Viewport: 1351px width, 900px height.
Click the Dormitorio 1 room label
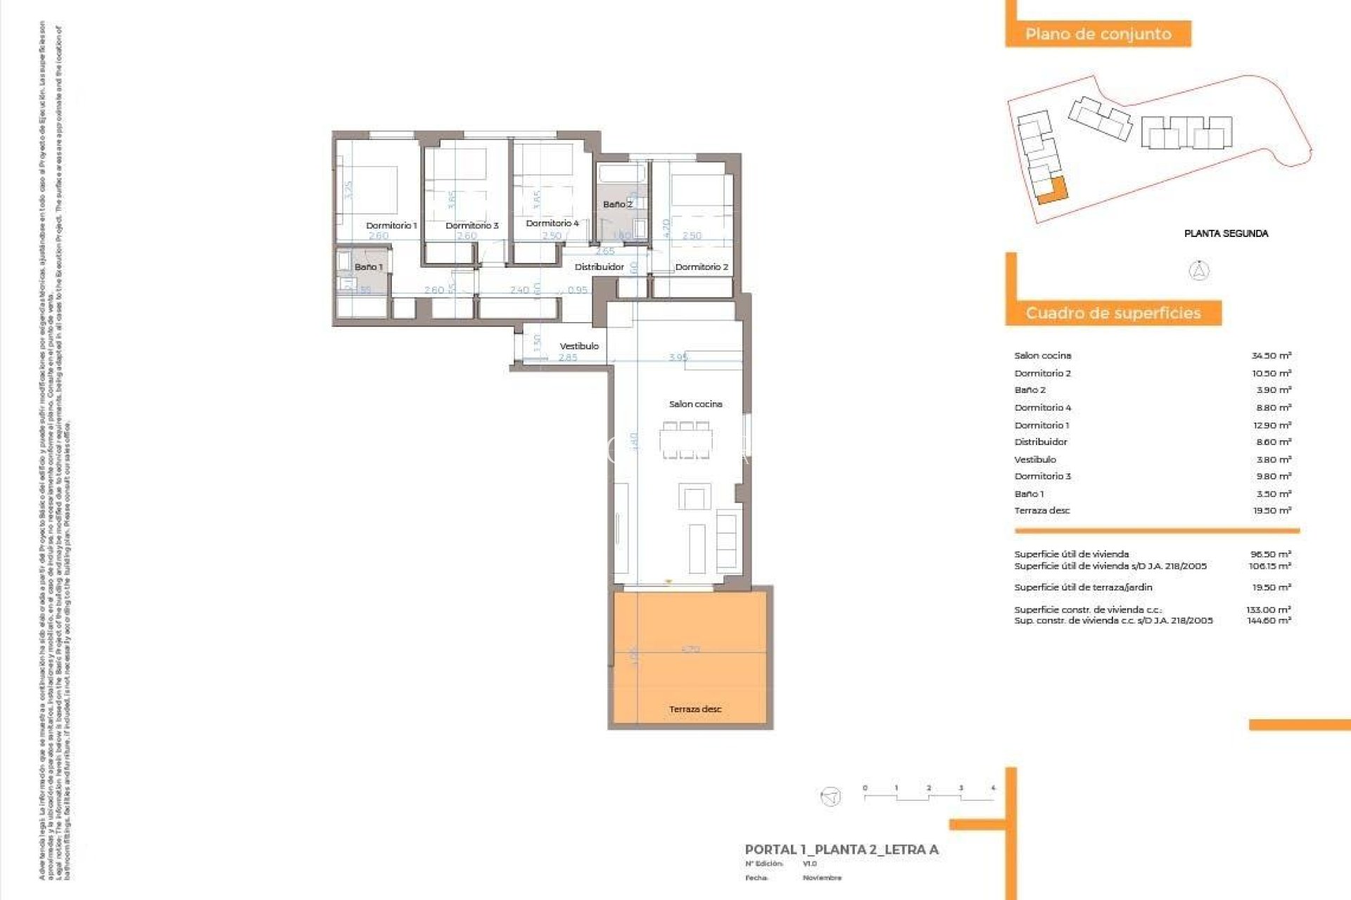pyautogui.click(x=391, y=226)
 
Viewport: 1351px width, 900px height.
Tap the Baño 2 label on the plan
pyautogui.click(x=617, y=204)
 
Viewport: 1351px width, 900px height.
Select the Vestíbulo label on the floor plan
pyautogui.click(x=579, y=346)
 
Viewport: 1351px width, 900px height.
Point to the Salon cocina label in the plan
pyautogui.click(x=695, y=404)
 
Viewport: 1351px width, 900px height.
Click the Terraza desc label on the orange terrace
pyautogui.click(x=695, y=709)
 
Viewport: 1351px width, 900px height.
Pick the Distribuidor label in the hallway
pyautogui.click(x=599, y=267)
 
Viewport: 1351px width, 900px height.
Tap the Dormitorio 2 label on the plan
pyautogui.click(x=702, y=267)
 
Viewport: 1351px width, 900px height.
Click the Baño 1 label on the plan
pyautogui.click(x=368, y=267)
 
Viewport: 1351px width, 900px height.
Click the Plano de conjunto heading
pyautogui.click(x=1098, y=34)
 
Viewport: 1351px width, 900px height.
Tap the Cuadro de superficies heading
pyautogui.click(x=1112, y=313)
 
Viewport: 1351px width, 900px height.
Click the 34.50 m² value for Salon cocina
pyautogui.click(x=1271, y=356)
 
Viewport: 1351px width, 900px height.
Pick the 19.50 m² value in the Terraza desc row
pyautogui.click(x=1271, y=510)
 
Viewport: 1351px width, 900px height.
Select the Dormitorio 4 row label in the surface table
pyautogui.click(x=1043, y=408)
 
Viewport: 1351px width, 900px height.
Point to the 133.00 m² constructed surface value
pyautogui.click(x=1269, y=610)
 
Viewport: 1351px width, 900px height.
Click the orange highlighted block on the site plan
pyautogui.click(x=1053, y=190)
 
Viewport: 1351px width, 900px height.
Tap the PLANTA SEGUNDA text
pyautogui.click(x=1226, y=233)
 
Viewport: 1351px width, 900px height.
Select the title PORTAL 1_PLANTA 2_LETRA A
pyautogui.click(x=842, y=849)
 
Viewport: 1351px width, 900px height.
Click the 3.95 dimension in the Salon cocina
pyautogui.click(x=678, y=357)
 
